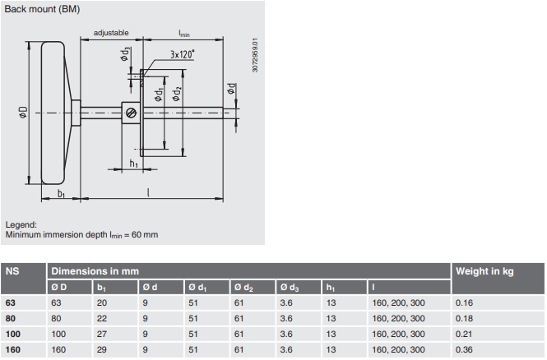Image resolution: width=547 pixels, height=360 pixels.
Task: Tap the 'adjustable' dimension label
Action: pos(111,33)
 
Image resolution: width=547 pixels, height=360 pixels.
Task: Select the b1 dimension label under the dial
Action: pos(62,194)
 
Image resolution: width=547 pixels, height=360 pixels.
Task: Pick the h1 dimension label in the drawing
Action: pos(133,164)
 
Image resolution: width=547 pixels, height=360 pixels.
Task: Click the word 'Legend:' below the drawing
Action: pos(21,224)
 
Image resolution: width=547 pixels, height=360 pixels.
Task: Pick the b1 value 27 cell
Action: pos(102,334)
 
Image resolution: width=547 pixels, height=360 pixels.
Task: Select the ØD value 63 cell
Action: pos(58,302)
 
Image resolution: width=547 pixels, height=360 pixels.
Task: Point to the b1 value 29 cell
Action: pos(102,350)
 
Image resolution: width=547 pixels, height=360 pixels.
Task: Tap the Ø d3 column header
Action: pos(290,287)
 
